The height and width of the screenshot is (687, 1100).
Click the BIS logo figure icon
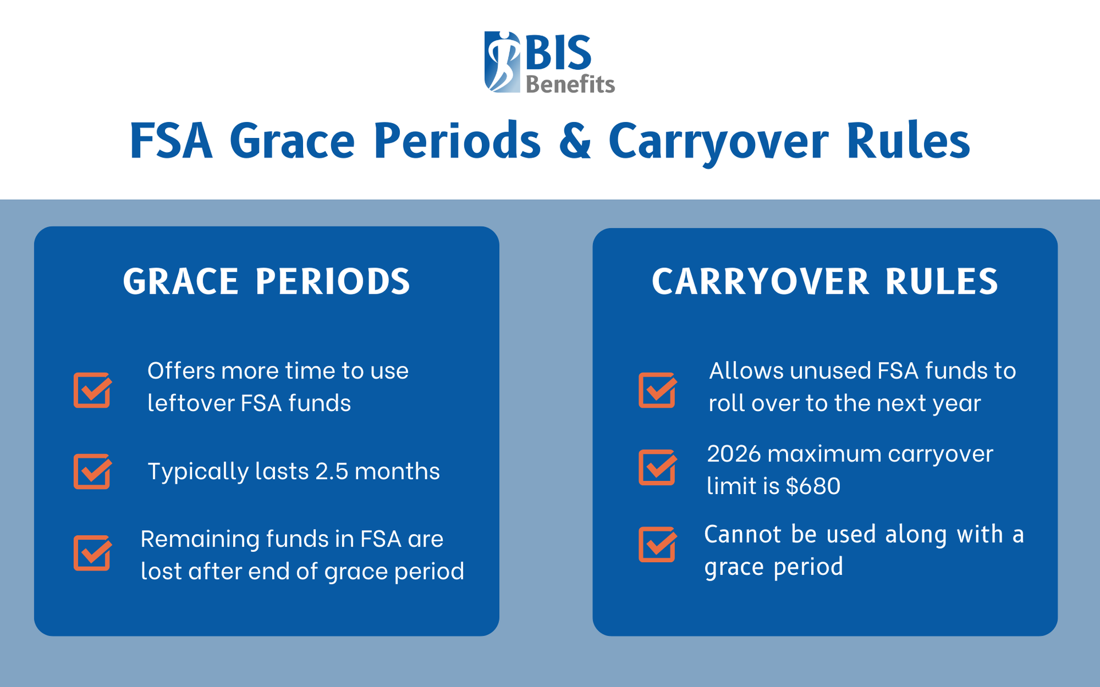[x=502, y=62]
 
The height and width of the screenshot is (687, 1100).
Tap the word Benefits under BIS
[x=570, y=85]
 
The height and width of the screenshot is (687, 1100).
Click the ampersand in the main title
[x=575, y=141]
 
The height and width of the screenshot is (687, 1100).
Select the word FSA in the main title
[x=171, y=141]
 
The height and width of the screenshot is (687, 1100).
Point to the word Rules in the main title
[x=908, y=141]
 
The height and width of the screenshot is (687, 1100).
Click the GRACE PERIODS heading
[x=266, y=282]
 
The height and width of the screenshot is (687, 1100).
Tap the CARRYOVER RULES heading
[x=825, y=282]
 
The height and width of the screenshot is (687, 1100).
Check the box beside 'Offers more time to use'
[x=92, y=390]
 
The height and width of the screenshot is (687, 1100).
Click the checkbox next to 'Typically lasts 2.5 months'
[x=92, y=471]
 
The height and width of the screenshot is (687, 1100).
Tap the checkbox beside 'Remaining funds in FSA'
[x=92, y=552]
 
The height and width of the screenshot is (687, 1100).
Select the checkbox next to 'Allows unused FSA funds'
[x=657, y=390]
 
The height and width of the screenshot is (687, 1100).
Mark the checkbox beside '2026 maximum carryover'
[x=657, y=467]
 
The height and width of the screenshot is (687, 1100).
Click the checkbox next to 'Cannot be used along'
[x=657, y=544]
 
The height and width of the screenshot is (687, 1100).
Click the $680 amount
[x=813, y=486]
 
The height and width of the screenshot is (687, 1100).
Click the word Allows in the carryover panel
[x=746, y=371]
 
